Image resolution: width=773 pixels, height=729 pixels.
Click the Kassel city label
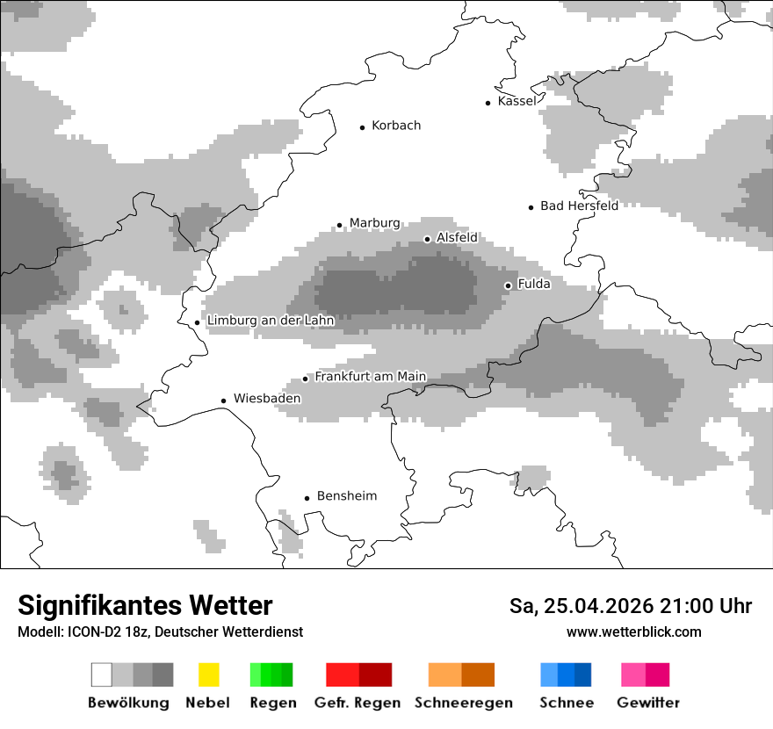tap(517, 101)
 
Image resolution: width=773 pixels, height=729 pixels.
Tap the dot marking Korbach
tap(362, 127)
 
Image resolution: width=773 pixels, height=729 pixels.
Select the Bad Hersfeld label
tap(579, 206)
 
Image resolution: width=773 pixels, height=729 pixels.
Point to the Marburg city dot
tap(340, 225)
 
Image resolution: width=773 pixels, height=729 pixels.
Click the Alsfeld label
tap(457, 237)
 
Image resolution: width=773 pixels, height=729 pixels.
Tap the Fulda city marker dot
tap(508, 285)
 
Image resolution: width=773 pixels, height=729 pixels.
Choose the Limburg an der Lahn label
tap(271, 321)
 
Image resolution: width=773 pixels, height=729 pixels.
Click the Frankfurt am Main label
tap(371, 377)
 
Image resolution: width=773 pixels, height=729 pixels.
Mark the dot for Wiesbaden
tap(224, 401)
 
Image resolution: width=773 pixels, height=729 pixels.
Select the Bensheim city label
tap(346, 496)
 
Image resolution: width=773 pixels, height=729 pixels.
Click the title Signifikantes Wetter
tap(145, 605)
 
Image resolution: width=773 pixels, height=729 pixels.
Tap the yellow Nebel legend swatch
tap(208, 675)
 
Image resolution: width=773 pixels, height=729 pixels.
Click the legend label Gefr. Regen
tap(358, 703)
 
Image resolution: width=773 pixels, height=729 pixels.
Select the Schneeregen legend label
tap(463, 703)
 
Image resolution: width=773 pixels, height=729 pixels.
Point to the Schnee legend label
tap(566, 703)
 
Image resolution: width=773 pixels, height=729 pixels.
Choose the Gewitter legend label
tap(648, 703)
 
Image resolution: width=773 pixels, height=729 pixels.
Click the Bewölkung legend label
tap(128, 703)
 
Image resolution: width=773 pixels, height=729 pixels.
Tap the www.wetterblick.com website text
tap(634, 632)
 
